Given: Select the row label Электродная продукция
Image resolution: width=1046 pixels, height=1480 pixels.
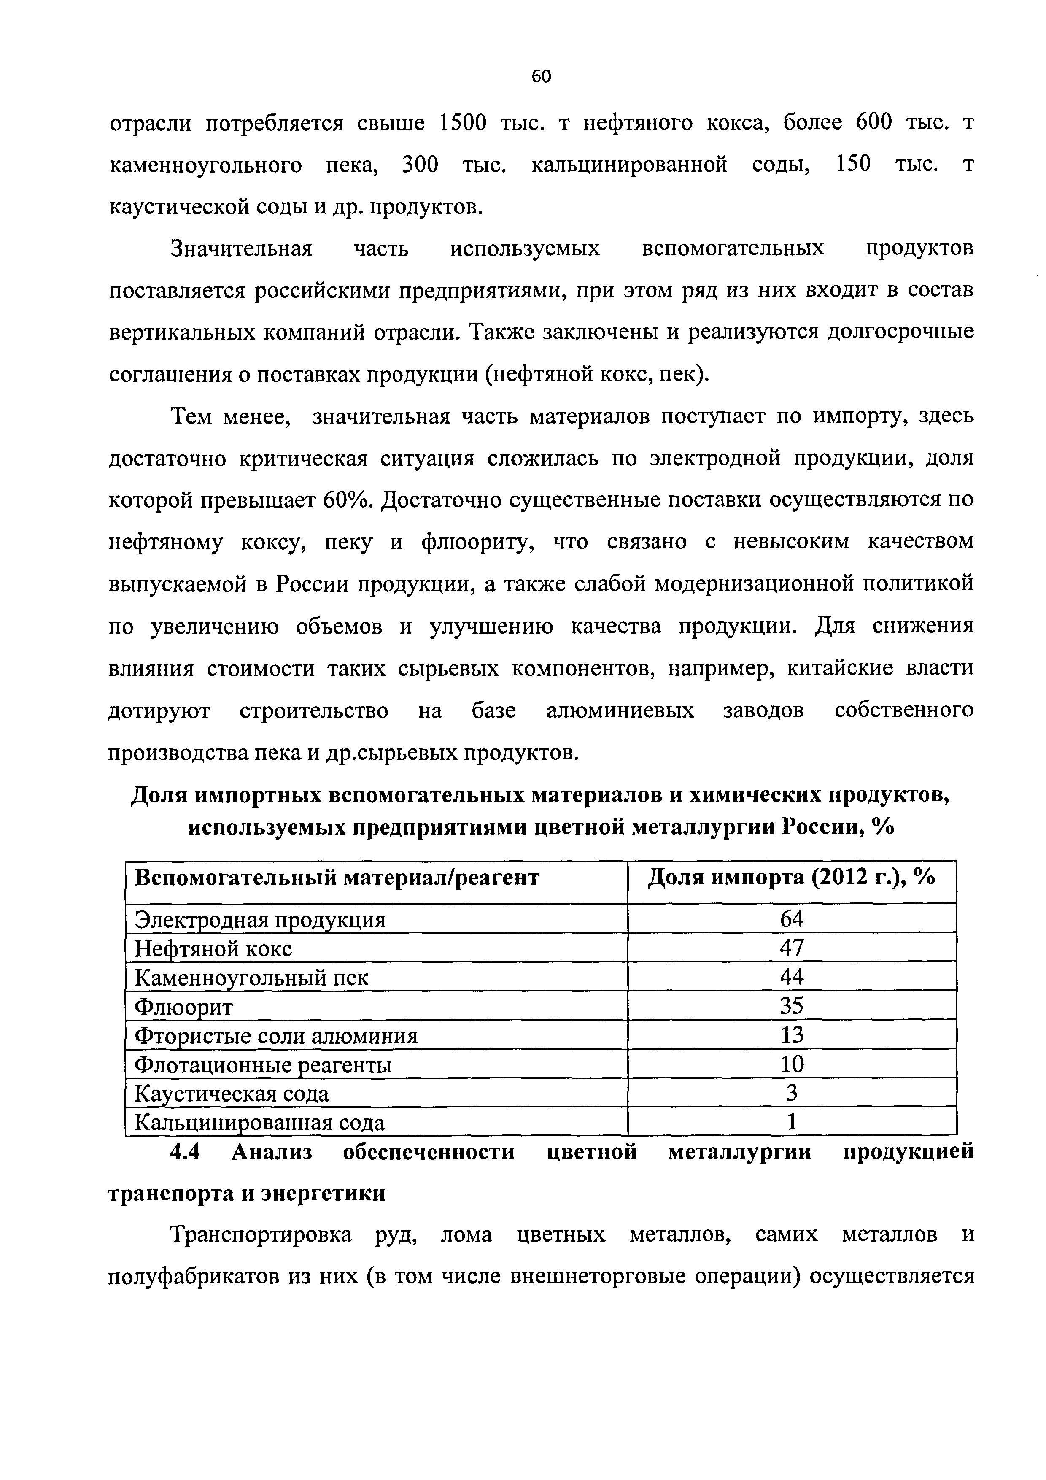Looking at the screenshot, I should pyautogui.click(x=260, y=920).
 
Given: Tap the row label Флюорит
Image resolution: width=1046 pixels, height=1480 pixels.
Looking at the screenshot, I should pyautogui.click(x=183, y=1007).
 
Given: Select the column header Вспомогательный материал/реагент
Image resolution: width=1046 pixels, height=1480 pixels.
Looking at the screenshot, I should pyautogui.click(x=337, y=878).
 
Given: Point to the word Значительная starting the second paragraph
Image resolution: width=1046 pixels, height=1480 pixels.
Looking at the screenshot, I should pyautogui.click(x=242, y=249).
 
